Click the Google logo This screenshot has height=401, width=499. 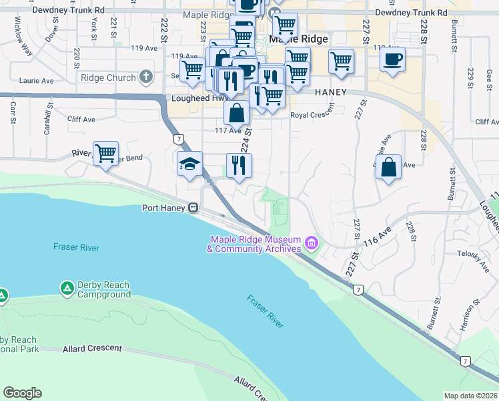coord(22,392)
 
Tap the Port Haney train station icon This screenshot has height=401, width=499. coord(193,208)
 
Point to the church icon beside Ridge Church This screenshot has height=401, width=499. coord(147,78)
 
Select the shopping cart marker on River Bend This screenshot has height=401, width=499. coord(105,154)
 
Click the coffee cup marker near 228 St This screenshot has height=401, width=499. coord(392,59)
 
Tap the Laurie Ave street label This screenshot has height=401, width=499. coord(37,81)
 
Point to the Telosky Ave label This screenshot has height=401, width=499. coord(473,254)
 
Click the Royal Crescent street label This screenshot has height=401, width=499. coord(312,114)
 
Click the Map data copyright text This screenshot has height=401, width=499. coord(470,396)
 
